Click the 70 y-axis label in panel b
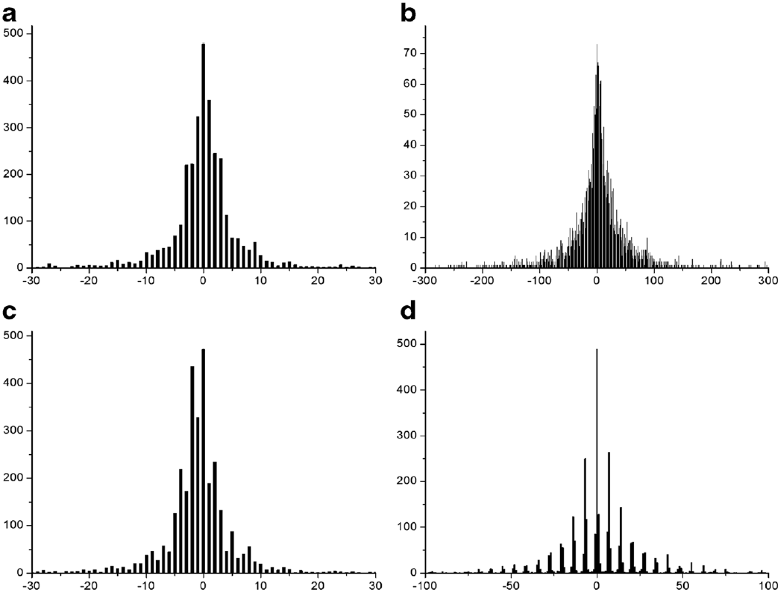(410, 53)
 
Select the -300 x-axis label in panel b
(424, 281)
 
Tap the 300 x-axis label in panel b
(769, 281)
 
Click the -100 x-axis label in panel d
(424, 586)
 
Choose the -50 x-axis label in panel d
(510, 586)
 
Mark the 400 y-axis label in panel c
(13, 383)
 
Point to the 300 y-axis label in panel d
(407, 436)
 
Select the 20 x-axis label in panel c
(318, 586)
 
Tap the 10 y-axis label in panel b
(410, 237)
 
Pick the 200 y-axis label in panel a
(13, 174)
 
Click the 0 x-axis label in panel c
(203, 586)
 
